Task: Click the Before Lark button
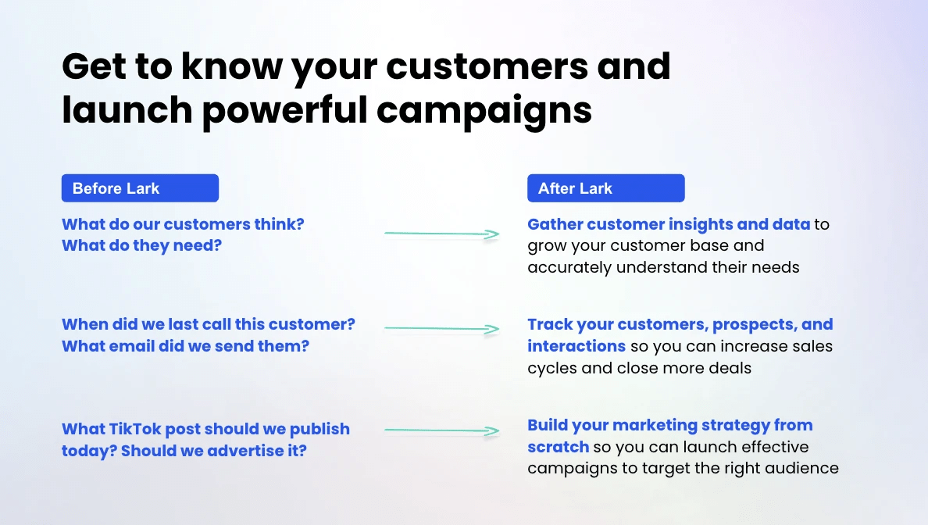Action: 141,188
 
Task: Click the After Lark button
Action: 606,188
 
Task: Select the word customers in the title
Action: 487,66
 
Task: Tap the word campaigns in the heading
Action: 484,110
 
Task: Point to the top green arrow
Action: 442,234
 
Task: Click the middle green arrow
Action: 442,328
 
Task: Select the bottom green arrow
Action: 442,430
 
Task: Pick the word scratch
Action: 558,447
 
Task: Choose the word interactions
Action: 576,346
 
